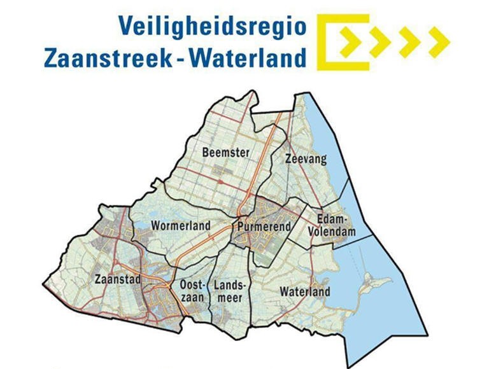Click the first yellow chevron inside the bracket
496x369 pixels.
point(351,42)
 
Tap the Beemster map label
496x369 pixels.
point(225,153)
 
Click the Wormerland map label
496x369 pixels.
point(181,226)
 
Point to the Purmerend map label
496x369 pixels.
point(264,226)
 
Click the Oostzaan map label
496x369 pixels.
point(191,289)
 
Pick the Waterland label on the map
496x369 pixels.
point(305,292)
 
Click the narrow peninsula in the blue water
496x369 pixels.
point(372,287)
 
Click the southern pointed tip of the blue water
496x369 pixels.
point(350,363)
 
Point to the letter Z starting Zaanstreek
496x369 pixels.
point(52,59)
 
